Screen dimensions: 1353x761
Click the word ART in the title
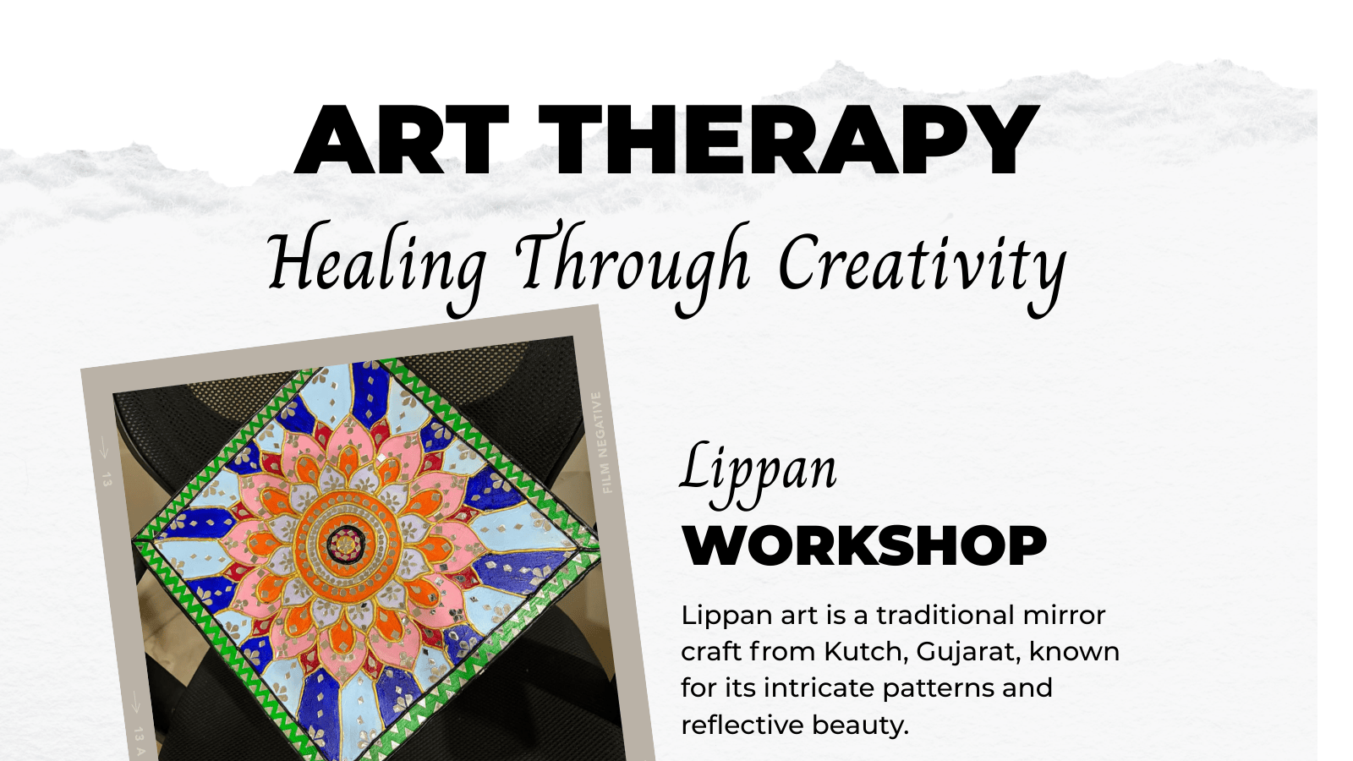point(402,140)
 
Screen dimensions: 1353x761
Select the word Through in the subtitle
point(633,266)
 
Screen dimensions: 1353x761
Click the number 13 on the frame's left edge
point(107,481)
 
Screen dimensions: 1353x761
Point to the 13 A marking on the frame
point(140,742)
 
